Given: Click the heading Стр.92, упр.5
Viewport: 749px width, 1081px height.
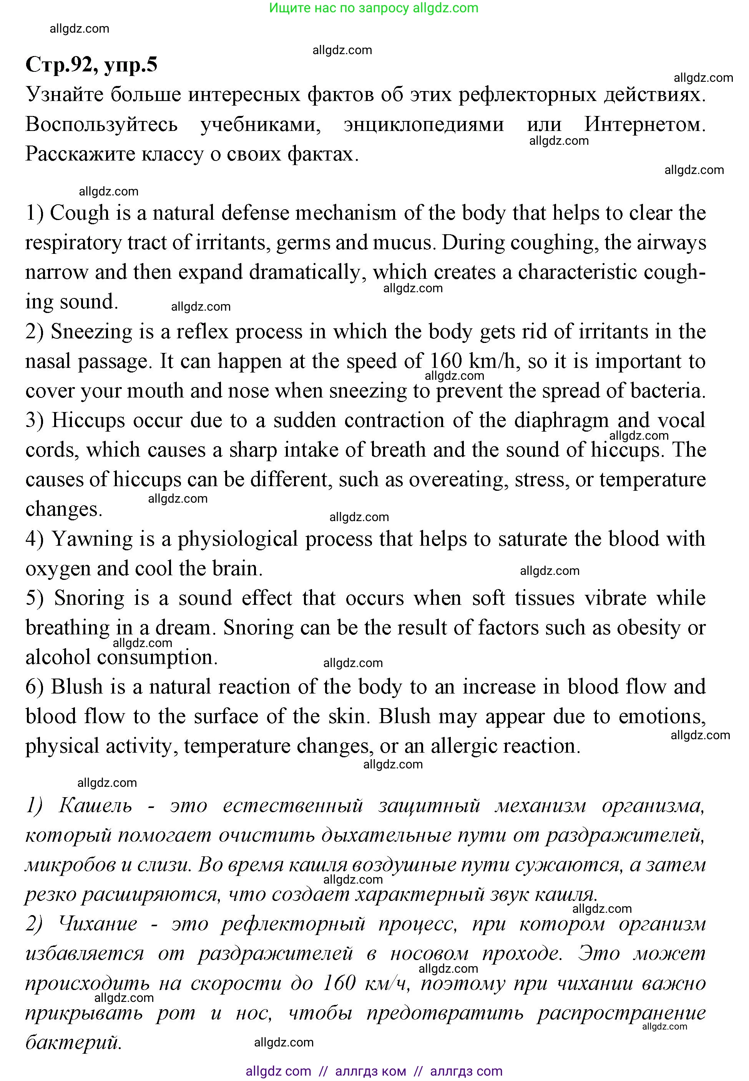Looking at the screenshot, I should (91, 65).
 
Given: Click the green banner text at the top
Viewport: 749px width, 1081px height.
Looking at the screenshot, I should (374, 8).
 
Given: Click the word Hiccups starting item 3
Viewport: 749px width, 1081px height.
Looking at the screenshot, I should (88, 420).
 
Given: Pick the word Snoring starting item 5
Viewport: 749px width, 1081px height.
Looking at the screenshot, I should (89, 598).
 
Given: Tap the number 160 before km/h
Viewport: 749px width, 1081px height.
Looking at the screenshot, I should (446, 361).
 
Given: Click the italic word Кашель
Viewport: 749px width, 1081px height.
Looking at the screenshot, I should (95, 806).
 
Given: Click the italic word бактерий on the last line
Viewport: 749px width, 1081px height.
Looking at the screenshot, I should (73, 1043).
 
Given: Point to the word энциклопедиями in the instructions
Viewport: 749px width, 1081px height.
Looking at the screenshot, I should (424, 124).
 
